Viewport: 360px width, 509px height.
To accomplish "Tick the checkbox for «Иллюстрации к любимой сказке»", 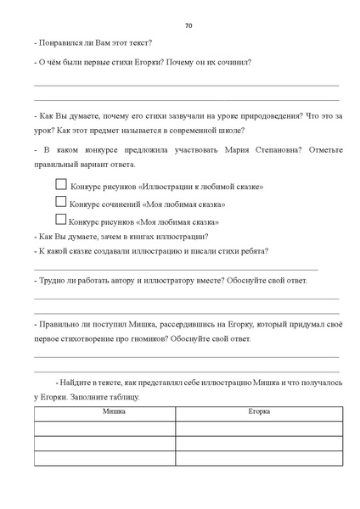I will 60,184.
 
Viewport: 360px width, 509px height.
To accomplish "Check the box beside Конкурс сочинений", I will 60,202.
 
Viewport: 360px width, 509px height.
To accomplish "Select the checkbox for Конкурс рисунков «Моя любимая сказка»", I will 60,220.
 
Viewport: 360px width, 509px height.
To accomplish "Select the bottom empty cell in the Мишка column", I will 104,459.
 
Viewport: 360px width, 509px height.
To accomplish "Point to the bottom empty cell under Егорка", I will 260,459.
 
